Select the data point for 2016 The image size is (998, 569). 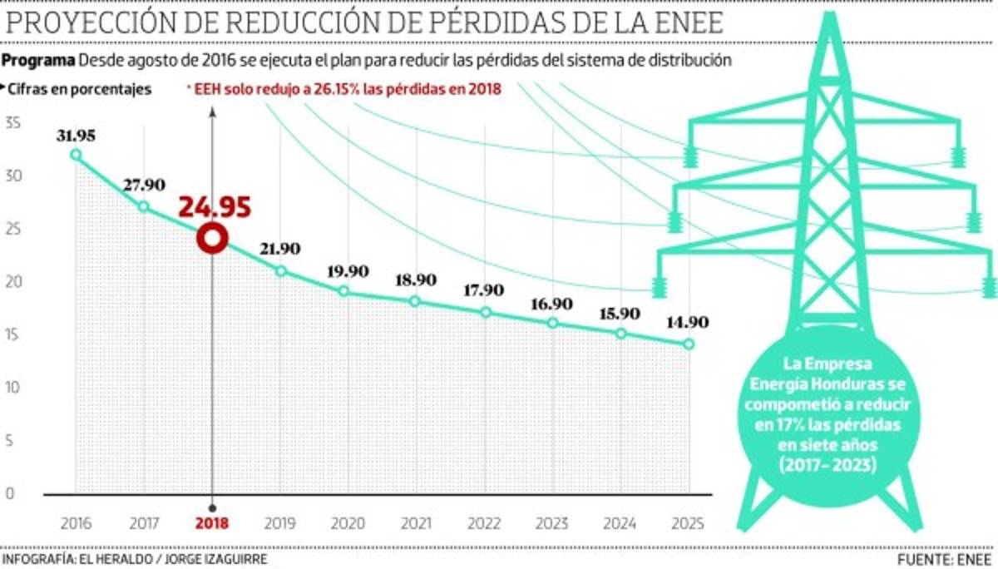coord(76,155)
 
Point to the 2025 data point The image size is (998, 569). coord(689,344)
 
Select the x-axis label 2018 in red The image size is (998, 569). coord(212,524)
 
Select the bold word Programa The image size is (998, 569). coord(39,61)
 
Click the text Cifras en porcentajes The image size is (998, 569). coord(80,89)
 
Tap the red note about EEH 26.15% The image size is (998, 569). coord(345,89)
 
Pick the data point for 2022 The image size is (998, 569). coord(486,313)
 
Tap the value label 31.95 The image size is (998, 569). coord(76,135)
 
